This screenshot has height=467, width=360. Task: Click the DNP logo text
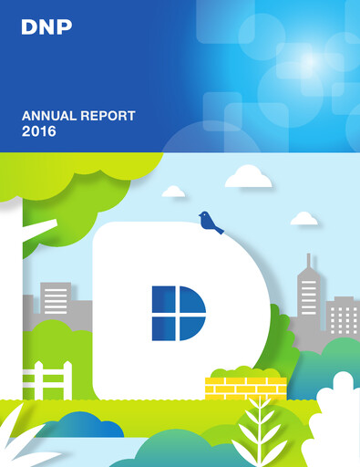[x=46, y=27]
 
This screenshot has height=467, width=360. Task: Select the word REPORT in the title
[x=108, y=116]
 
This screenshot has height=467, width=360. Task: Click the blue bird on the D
[x=210, y=222]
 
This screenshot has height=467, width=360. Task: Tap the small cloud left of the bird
[x=173, y=192]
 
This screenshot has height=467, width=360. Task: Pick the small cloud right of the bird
[x=303, y=219]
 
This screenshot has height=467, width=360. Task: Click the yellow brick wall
[x=245, y=388]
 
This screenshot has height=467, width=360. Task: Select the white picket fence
[x=53, y=380]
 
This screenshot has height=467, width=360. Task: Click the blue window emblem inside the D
[x=179, y=313]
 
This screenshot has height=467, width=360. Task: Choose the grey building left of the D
[x=56, y=300]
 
